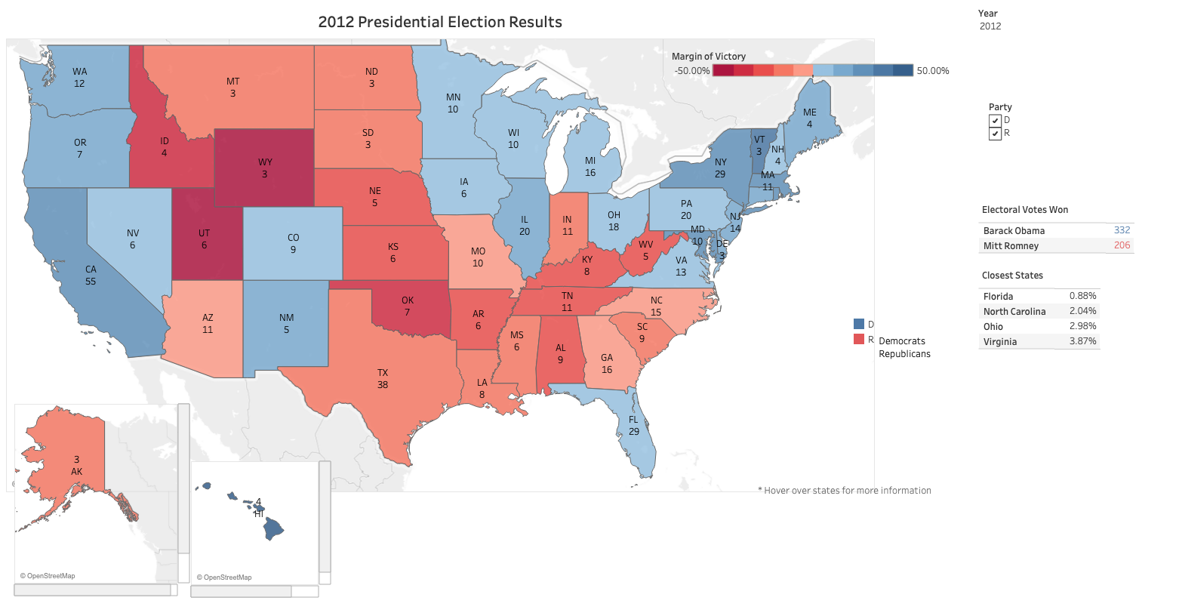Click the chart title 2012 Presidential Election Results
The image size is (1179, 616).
click(x=440, y=22)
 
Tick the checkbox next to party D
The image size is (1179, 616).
click(x=995, y=121)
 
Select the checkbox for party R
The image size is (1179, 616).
click(x=995, y=134)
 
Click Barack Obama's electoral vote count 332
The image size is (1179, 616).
click(x=1122, y=230)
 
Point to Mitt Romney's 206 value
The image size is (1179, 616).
click(x=1122, y=245)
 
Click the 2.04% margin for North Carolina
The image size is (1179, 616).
click(x=1082, y=311)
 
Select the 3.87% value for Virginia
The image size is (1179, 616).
click(x=1082, y=341)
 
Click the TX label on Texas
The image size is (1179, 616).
click(x=383, y=373)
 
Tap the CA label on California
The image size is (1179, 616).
click(x=91, y=269)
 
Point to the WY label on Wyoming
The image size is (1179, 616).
click(x=265, y=162)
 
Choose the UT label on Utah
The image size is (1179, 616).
click(x=204, y=233)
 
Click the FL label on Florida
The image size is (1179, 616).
click(x=633, y=420)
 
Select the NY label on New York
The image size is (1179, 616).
click(x=721, y=162)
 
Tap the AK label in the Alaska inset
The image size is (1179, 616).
click(x=76, y=472)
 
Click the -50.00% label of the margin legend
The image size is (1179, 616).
click(x=691, y=71)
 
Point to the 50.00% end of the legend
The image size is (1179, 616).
click(x=933, y=71)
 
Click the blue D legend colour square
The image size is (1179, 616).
click(x=859, y=324)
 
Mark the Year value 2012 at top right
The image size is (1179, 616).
click(x=990, y=26)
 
